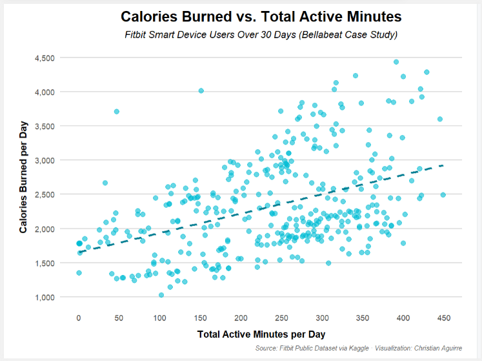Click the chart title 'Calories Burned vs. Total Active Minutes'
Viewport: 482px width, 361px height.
pyautogui.click(x=261, y=17)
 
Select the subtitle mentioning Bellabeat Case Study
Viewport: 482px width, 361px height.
pyautogui.click(x=261, y=34)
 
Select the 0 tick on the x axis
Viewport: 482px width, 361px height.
pyautogui.click(x=79, y=317)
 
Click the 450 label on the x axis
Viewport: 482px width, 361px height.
pyautogui.click(x=444, y=317)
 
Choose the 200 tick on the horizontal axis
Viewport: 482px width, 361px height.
pyautogui.click(x=241, y=317)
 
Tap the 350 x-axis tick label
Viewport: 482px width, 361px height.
pyautogui.click(x=363, y=317)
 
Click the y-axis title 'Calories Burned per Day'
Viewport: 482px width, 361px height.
pyautogui.click(x=23, y=176)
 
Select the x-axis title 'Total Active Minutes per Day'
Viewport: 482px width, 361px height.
pyautogui.click(x=261, y=335)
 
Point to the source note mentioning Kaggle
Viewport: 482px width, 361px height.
pyautogui.click(x=359, y=349)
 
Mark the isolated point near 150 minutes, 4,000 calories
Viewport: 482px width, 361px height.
pyautogui.click(x=201, y=91)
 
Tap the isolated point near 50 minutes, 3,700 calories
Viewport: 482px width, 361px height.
pyautogui.click(x=117, y=112)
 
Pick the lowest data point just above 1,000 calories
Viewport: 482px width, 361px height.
pyautogui.click(x=161, y=295)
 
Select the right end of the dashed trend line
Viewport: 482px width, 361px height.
pyautogui.click(x=443, y=165)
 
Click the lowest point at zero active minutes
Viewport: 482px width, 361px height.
pyautogui.click(x=79, y=273)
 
